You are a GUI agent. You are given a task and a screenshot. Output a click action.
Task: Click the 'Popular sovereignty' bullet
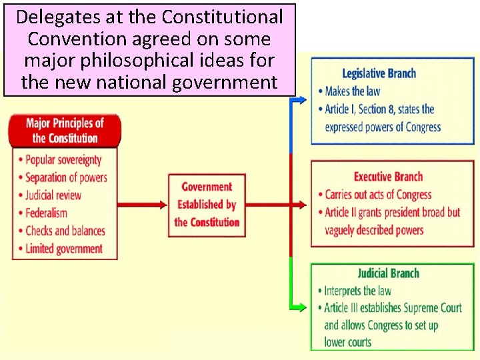pyautogui.click(x=63, y=160)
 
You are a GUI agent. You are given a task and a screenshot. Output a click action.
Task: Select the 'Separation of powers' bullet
pyautogui.click(x=66, y=177)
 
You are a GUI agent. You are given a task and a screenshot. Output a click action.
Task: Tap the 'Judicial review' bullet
pyautogui.click(x=53, y=195)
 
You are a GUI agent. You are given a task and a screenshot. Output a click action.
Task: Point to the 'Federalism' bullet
pyautogui.click(x=47, y=213)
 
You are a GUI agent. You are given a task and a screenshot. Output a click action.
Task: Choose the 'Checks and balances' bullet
pyautogui.click(x=65, y=231)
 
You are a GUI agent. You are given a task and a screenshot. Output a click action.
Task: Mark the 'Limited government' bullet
pyautogui.click(x=64, y=249)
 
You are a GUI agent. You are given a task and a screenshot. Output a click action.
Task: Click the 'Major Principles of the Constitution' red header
pyautogui.click(x=65, y=131)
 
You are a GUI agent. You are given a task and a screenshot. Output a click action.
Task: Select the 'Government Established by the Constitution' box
pyautogui.click(x=207, y=205)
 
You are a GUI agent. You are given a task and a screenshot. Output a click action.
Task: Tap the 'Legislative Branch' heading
pyautogui.click(x=379, y=74)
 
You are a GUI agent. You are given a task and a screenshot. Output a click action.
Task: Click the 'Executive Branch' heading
pyautogui.click(x=388, y=177)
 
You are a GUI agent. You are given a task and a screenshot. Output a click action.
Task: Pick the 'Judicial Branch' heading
pyautogui.click(x=388, y=273)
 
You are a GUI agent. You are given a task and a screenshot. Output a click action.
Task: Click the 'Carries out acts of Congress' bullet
pyautogui.click(x=378, y=195)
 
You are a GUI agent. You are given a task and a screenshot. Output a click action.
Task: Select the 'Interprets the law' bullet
pyautogui.click(x=358, y=291)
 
